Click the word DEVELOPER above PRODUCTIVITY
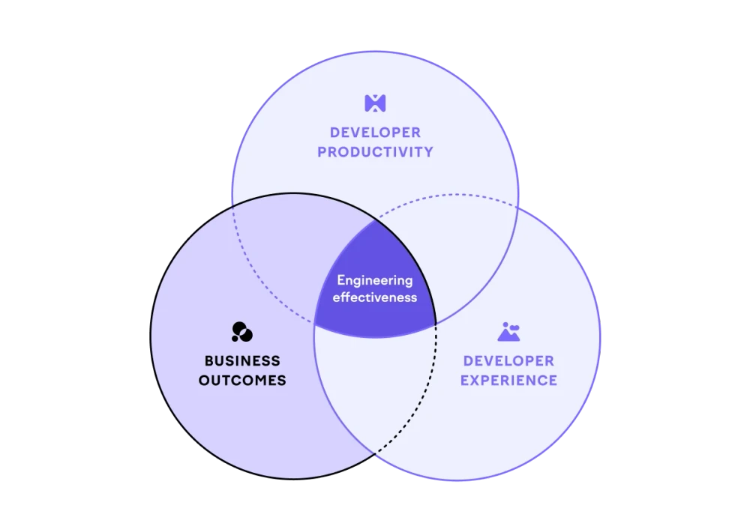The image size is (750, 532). click(375, 133)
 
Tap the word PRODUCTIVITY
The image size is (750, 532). click(375, 152)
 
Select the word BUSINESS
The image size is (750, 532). click(242, 361)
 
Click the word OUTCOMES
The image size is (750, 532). click(242, 381)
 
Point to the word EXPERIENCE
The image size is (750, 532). click(508, 381)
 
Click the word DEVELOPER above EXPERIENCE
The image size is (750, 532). click(508, 361)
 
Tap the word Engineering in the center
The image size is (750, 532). click(374, 281)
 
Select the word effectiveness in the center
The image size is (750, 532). click(374, 297)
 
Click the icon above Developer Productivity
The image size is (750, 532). click(374, 103)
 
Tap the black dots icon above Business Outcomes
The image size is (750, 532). click(241, 331)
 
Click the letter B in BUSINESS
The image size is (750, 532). click(209, 361)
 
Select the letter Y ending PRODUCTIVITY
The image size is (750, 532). click(428, 152)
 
